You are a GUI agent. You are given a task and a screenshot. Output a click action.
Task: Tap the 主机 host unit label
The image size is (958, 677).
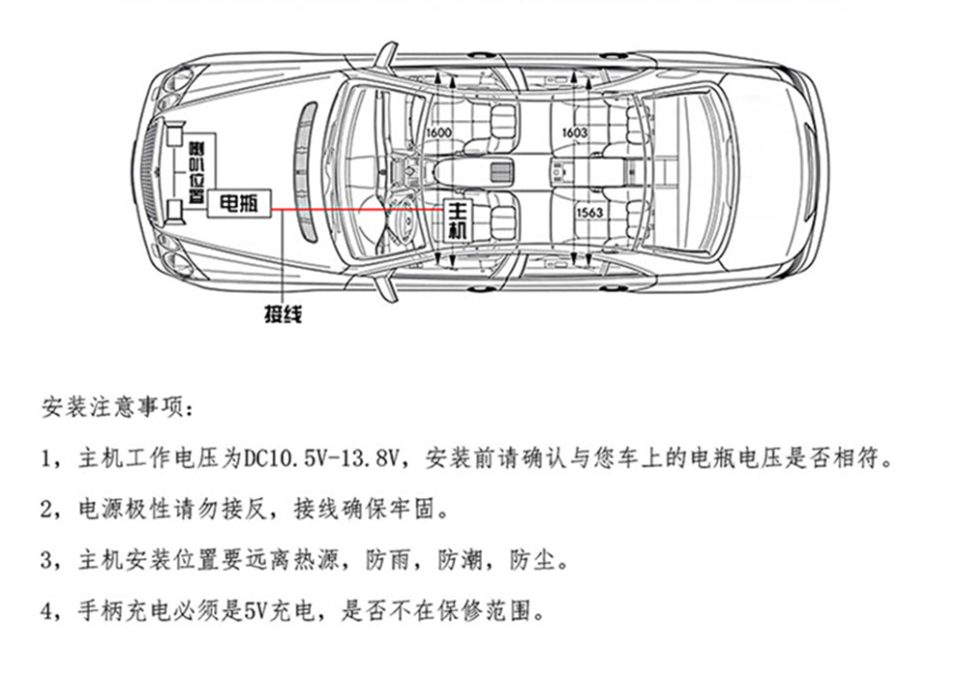coord(458,221)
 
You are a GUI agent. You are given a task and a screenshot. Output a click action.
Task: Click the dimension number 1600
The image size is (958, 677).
coord(438,132)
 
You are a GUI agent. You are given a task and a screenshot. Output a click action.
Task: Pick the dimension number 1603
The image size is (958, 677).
coord(575,132)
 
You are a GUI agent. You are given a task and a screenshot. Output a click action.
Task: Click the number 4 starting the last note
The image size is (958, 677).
coord(47,611)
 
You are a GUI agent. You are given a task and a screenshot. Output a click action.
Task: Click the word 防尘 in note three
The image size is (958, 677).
coord(536,560)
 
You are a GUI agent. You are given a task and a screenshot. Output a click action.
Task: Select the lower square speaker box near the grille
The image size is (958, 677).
coord(175,208)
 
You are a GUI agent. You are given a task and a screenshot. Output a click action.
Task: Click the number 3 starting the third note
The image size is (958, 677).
coord(47,560)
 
